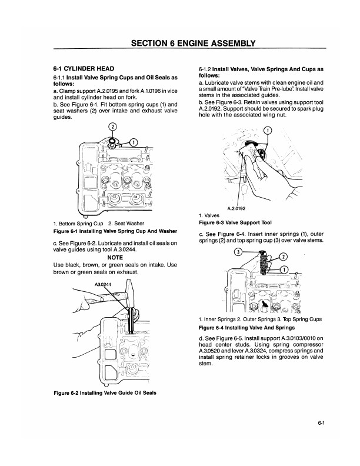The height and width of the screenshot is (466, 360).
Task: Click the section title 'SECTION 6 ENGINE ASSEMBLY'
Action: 193,42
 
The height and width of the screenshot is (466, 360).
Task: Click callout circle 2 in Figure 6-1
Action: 113,128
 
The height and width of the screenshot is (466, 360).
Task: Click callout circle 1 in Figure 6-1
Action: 134,142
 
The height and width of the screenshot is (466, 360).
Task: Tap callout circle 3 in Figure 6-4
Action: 239,252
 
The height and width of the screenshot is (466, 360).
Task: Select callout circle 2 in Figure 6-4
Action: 282,257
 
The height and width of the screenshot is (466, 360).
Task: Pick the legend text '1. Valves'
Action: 210,216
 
